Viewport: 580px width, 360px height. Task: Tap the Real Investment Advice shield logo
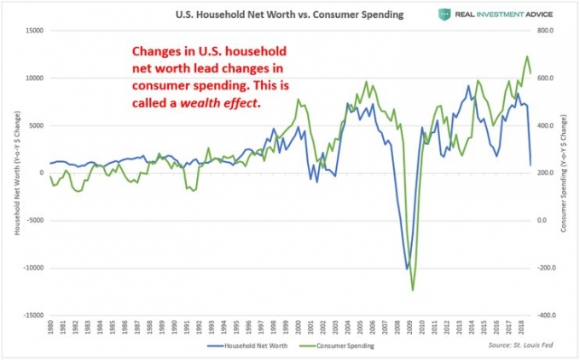(444, 15)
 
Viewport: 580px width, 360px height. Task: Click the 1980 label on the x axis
(51, 328)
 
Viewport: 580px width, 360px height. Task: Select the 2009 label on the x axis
(411, 328)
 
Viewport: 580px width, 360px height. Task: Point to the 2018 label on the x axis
(523, 328)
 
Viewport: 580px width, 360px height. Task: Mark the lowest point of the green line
(413, 290)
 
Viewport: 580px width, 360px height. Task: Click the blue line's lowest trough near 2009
(406, 269)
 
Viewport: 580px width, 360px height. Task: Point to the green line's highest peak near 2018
(526, 56)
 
